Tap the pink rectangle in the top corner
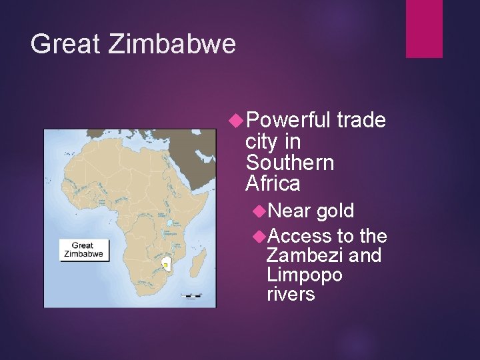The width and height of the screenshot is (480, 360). coord(424,29)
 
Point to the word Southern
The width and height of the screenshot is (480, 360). coord(289,163)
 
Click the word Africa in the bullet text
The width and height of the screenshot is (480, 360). coord(273,183)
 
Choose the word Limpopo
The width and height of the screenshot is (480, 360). coord(304,275)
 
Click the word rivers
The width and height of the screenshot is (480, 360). coord(290,294)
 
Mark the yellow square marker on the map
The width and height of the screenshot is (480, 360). coord(165,265)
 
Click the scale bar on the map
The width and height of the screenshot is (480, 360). coord(190,295)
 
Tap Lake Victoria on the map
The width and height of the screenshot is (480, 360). coord(171,223)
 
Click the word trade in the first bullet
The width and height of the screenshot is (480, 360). coord(361,121)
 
